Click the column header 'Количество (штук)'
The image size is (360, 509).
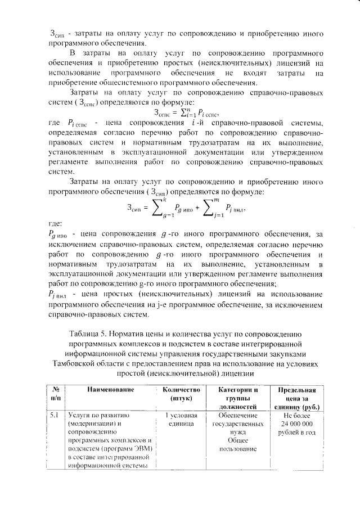pos(181,393)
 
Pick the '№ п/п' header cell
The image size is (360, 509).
pos(56,393)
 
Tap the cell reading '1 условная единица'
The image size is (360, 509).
pos(181,420)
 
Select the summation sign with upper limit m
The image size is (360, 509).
pos(209,209)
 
